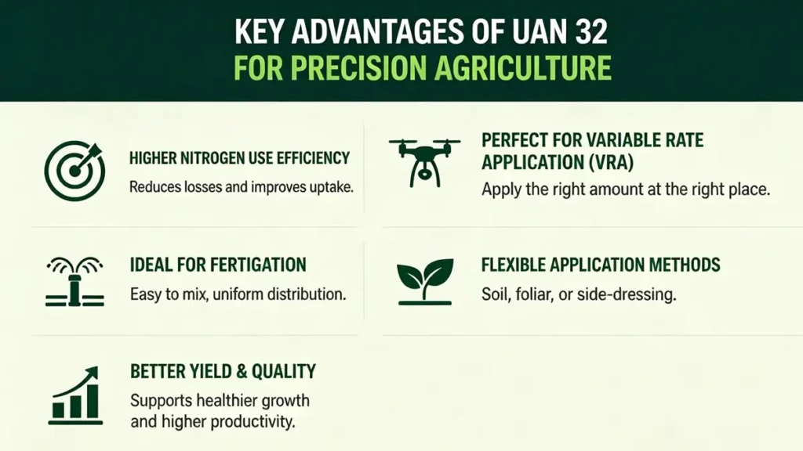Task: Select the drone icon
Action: [x=424, y=160]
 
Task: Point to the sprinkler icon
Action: [x=73, y=278]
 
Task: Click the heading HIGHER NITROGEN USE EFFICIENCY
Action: [x=239, y=158]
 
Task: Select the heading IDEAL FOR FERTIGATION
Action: [x=218, y=265]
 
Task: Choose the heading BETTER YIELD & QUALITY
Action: [x=223, y=371]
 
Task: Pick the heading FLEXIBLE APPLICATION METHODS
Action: [x=601, y=265]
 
